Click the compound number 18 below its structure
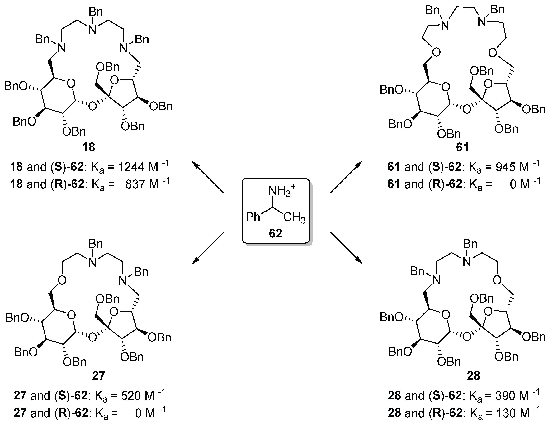pyautogui.click(x=88, y=147)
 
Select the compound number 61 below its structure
pyautogui.click(x=462, y=147)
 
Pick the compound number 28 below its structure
pyautogui.click(x=473, y=376)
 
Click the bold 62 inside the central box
pyautogui.click(x=275, y=233)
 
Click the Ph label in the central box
pyautogui.click(x=253, y=217)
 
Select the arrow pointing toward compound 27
pyautogui.click(x=208, y=248)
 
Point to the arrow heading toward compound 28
pyautogui.click(x=346, y=248)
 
